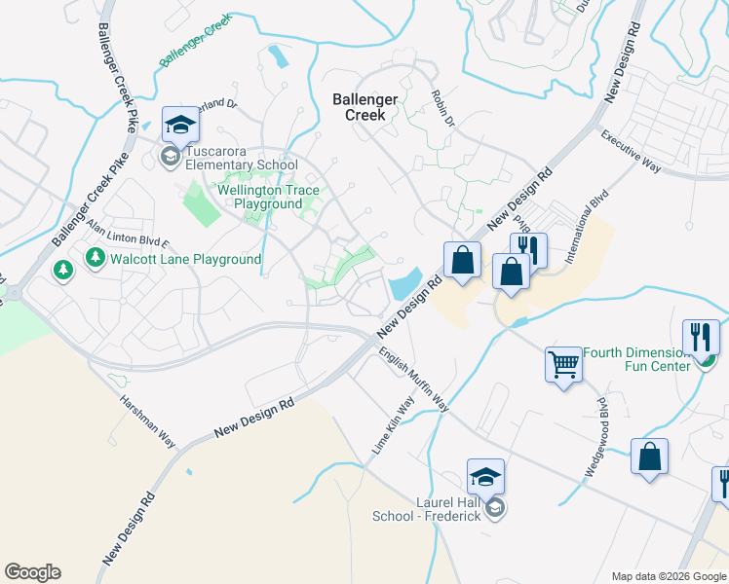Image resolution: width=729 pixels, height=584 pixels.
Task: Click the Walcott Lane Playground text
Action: pyautogui.click(x=185, y=259)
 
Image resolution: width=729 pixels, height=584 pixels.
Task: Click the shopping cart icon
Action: pyautogui.click(x=563, y=365)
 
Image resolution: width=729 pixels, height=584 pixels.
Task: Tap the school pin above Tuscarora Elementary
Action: pyautogui.click(x=180, y=125)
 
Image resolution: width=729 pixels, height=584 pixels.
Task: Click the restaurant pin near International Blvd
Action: pyautogui.click(x=528, y=250)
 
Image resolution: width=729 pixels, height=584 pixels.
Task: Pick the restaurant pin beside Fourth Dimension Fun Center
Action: pyautogui.click(x=701, y=337)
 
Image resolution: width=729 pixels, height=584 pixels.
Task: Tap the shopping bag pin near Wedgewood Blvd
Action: pyautogui.click(x=649, y=457)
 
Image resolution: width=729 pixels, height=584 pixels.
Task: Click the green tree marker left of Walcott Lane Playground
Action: pyautogui.click(x=63, y=270)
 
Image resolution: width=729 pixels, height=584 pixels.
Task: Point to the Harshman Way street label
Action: pyautogui.click(x=147, y=420)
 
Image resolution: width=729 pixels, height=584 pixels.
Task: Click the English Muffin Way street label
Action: pyautogui.click(x=413, y=382)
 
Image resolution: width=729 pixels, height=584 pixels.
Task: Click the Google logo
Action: pyautogui.click(x=32, y=572)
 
